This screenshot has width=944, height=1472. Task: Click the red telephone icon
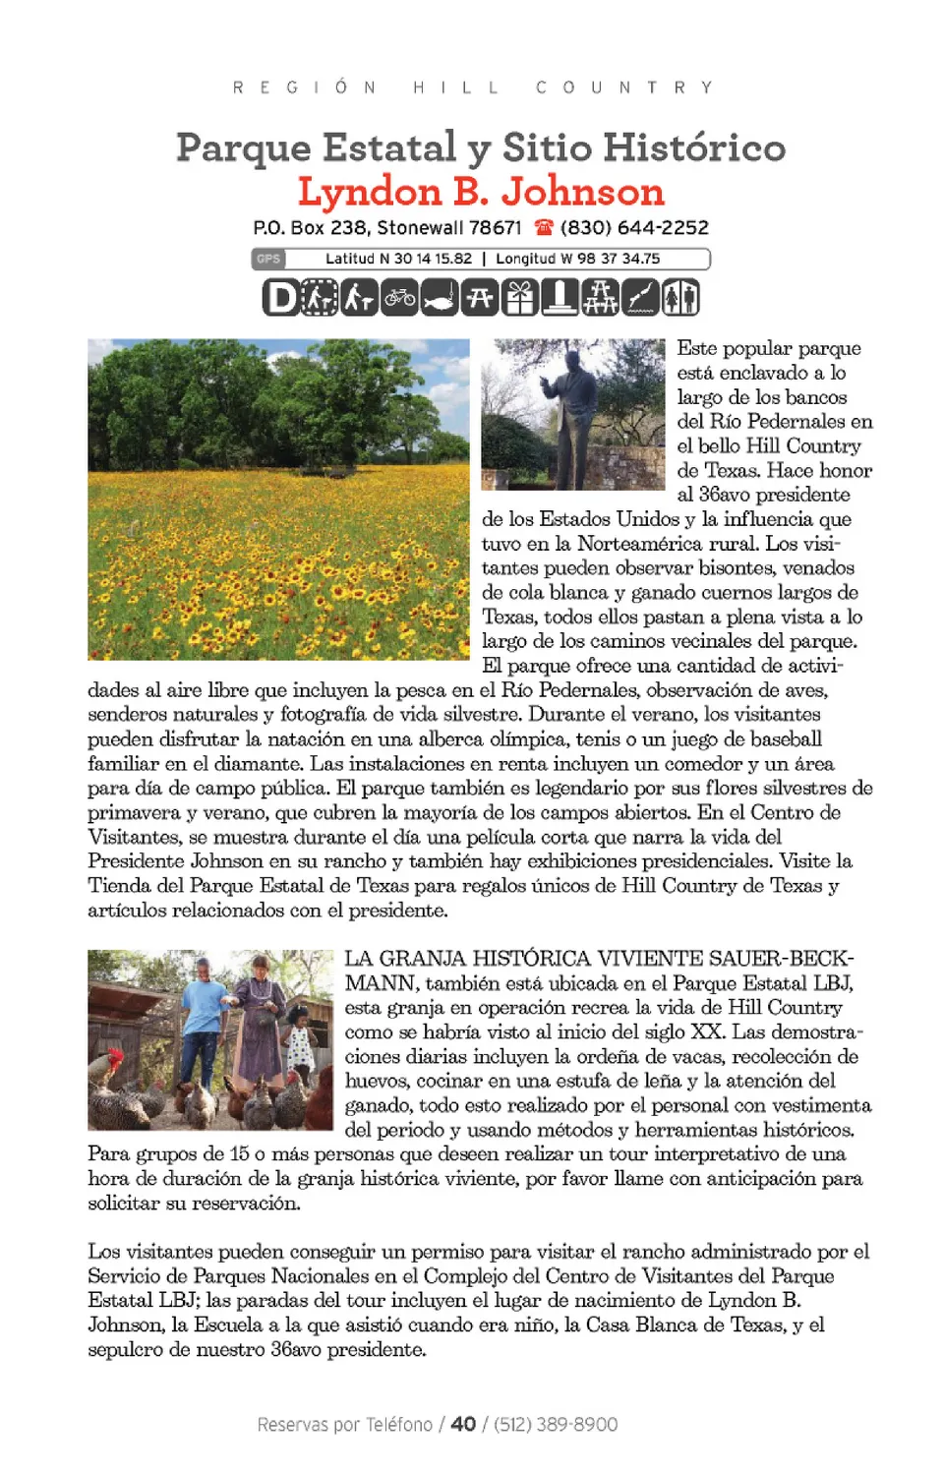click(x=544, y=228)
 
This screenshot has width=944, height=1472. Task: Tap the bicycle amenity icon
click(x=400, y=297)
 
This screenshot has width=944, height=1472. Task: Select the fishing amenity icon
click(x=440, y=297)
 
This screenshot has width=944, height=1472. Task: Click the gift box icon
click(x=520, y=297)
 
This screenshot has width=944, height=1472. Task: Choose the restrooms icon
click(x=680, y=297)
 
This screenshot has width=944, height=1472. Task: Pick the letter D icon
click(x=280, y=297)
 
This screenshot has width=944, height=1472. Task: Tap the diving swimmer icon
click(x=640, y=297)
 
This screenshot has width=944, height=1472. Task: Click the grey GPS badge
click(x=267, y=259)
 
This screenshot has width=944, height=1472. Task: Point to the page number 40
click(x=463, y=1424)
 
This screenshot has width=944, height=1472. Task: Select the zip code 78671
click(x=495, y=228)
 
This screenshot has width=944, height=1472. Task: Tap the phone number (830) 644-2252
click(x=634, y=228)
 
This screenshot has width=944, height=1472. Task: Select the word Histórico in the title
click(x=694, y=147)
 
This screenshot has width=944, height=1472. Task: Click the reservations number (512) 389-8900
click(x=556, y=1424)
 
